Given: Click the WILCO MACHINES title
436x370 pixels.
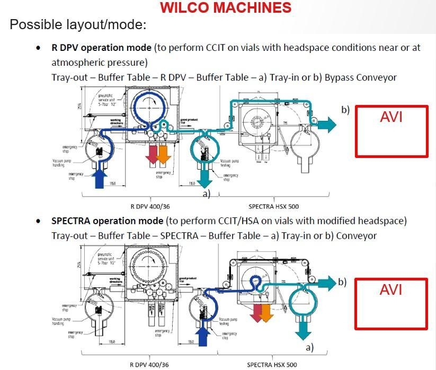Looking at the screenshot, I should tap(225, 8).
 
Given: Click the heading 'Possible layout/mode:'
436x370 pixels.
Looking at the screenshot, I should tap(78, 25).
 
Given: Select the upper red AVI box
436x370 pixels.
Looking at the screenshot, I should tap(391, 131).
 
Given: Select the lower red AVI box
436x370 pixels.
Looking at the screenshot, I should tap(391, 303).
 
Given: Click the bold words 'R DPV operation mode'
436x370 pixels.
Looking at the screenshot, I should tap(102, 48).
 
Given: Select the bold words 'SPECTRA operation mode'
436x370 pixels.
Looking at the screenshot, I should tap(108, 221).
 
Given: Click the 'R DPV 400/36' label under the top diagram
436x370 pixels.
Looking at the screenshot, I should tap(149, 206).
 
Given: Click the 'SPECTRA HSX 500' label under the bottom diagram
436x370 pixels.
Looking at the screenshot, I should tap(272, 365).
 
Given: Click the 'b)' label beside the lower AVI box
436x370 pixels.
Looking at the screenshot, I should tap(342, 281).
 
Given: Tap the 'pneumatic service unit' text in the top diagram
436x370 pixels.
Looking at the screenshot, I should tap(107, 99).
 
